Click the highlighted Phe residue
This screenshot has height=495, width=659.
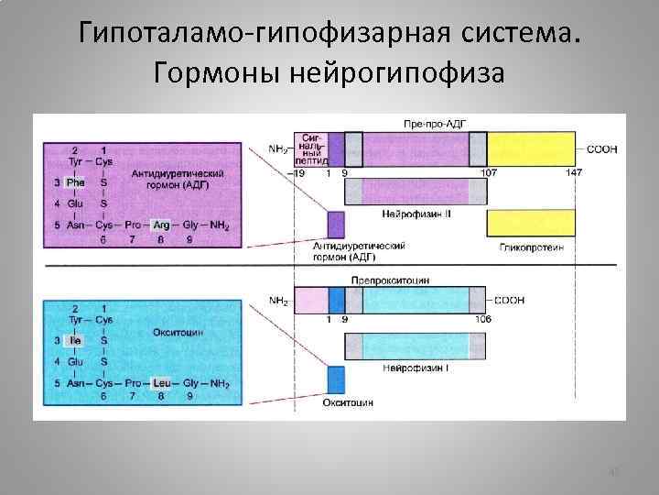75,181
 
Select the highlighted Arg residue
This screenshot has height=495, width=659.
161,224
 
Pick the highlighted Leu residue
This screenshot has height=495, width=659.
162,382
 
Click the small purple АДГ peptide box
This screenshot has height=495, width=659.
336,225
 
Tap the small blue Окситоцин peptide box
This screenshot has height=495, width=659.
336,379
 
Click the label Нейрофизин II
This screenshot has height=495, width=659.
414,214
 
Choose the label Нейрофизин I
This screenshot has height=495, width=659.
415,368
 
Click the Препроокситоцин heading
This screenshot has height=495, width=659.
390,280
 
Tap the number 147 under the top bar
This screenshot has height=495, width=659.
573,172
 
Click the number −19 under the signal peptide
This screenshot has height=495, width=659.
296,172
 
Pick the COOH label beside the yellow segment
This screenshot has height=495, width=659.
600,148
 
